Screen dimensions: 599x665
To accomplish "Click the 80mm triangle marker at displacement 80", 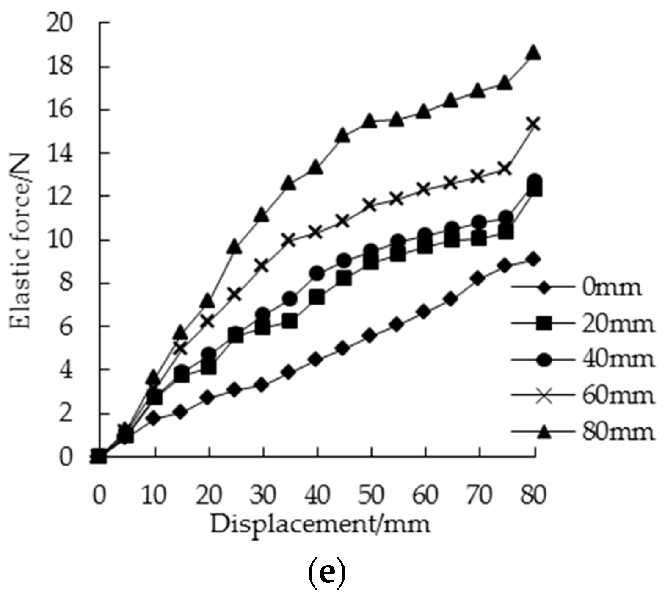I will tap(534, 53).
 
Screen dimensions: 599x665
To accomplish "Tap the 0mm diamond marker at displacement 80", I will tap(534, 259).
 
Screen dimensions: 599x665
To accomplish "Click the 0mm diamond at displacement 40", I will tap(317, 360).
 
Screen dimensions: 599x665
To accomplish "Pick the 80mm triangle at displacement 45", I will tap(343, 136).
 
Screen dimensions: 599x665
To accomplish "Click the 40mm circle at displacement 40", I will tap(317, 273).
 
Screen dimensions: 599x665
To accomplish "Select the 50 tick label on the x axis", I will tap(371, 494).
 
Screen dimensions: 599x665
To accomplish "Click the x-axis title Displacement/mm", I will tap(320, 524).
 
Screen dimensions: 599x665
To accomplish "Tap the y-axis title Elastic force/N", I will tap(20, 241).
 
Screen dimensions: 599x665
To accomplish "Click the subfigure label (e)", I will tap(326, 572).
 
